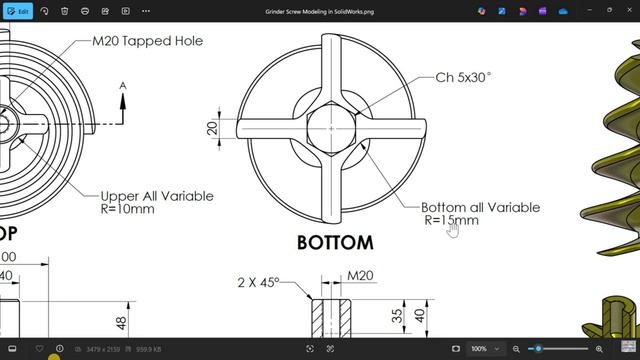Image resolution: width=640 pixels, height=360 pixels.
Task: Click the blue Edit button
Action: point(17,11)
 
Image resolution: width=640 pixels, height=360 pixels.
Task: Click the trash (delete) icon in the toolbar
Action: point(65,11)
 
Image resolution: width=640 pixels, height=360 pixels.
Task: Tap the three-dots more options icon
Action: point(146,11)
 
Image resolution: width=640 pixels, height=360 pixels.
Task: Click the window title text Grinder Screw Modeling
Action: point(319,10)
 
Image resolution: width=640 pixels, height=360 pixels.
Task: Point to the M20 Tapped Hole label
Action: point(147,41)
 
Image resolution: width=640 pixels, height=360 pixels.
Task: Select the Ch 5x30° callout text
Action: point(463,77)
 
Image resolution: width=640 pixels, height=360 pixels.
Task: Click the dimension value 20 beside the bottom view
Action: point(212,128)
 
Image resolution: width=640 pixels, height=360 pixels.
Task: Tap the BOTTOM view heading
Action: point(335,242)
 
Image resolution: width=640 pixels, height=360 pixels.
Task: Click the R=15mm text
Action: point(451,220)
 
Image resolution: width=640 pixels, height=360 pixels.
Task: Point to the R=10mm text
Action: point(127,209)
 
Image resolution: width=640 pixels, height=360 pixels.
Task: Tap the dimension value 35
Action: point(396,316)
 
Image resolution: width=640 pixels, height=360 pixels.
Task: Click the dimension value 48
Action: point(121,323)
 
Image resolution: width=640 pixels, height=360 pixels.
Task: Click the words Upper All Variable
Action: point(157,196)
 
